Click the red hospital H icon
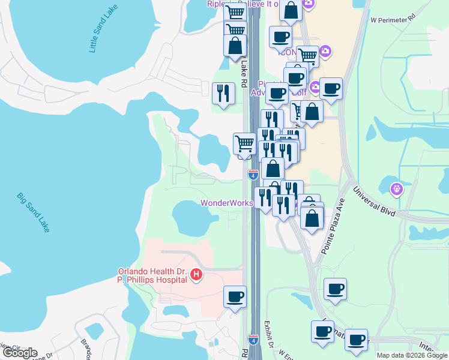(195, 275)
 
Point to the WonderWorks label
(226, 203)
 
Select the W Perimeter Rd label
(393, 19)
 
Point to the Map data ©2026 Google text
(412, 355)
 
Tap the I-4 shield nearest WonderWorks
(253, 175)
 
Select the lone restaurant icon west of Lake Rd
(223, 93)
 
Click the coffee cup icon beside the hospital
(235, 296)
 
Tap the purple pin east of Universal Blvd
(396, 189)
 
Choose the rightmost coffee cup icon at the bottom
(356, 339)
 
